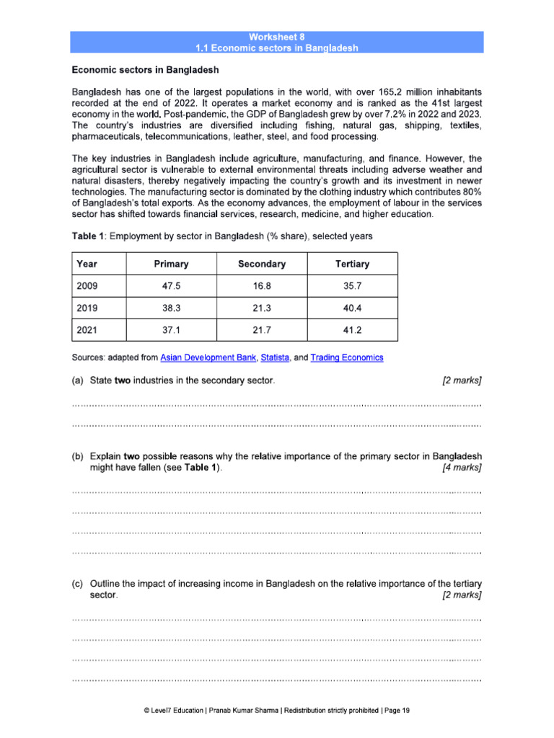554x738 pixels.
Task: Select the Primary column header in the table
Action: (171, 264)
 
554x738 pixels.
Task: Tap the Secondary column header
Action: (261, 264)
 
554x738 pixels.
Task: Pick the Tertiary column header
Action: (352, 264)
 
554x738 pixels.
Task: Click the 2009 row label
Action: (87, 286)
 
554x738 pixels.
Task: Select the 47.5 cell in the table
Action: (171, 286)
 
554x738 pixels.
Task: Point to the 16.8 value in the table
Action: (261, 286)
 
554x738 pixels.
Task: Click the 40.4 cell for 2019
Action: (352, 308)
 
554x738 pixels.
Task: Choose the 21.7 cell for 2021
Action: (261, 331)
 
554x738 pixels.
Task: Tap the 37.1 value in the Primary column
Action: (171, 331)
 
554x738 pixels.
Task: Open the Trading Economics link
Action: (347, 357)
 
